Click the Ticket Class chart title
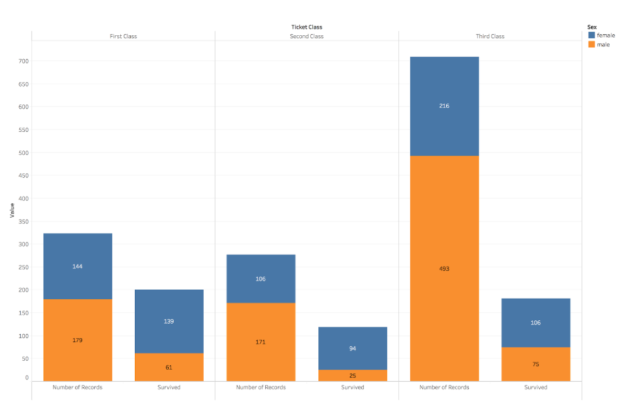pyautogui.click(x=306, y=27)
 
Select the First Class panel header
pyautogui.click(x=123, y=37)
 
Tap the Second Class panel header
pyautogui.click(x=306, y=37)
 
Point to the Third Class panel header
pyautogui.click(x=490, y=37)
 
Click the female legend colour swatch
pyautogui.click(x=591, y=36)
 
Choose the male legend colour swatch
pyautogui.click(x=591, y=45)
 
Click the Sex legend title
pyautogui.click(x=591, y=27)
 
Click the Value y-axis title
pyautogui.click(x=12, y=211)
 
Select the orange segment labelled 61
pyautogui.click(x=169, y=367)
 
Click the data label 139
pyautogui.click(x=169, y=321)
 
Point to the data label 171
pyautogui.click(x=260, y=342)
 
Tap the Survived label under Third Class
pyautogui.click(x=536, y=387)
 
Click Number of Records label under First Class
pyautogui.click(x=78, y=387)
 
